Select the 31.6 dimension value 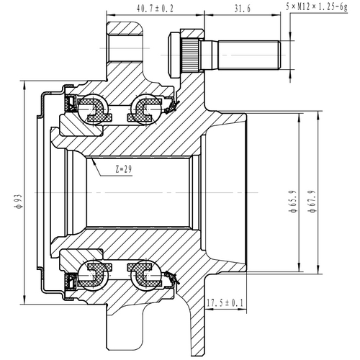(x=242, y=8)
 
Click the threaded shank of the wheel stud (x=248, y=52)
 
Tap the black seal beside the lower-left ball (x=73, y=281)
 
